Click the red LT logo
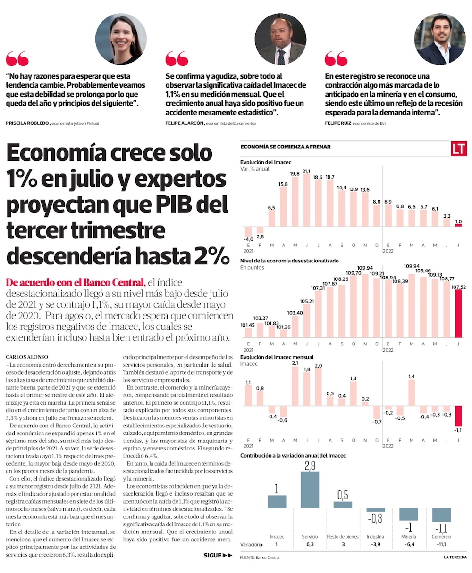[x=458, y=148]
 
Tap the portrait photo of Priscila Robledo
[x=121, y=39]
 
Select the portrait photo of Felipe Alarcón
[x=280, y=39]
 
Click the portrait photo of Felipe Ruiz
[x=440, y=39]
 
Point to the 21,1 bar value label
[x=306, y=171]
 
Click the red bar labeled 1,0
[x=458, y=225]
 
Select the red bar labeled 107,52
[x=458, y=314]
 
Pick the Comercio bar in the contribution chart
[x=441, y=515]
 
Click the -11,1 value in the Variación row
[x=441, y=544]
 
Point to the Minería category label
[x=408, y=537]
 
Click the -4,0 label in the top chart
[x=248, y=239]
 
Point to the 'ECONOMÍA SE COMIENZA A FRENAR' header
[x=286, y=147]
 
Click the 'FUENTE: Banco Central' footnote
[x=259, y=558]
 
